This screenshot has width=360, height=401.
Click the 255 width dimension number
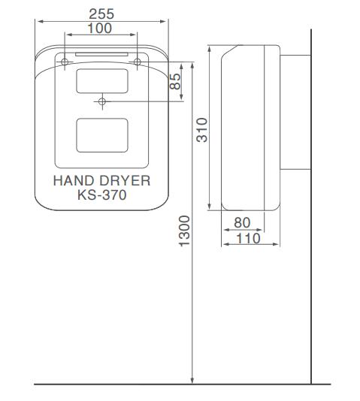(101, 14)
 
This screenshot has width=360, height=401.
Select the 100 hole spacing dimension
(100, 28)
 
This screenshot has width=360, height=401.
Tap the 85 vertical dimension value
(175, 81)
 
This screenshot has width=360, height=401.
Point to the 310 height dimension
(202, 130)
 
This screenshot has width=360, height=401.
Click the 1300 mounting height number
(184, 231)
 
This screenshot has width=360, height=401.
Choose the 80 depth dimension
(242, 223)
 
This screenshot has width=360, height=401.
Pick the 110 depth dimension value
(248, 238)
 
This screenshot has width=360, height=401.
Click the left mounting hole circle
(65, 62)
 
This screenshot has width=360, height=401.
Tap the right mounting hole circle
(138, 62)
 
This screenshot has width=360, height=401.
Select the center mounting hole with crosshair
(102, 101)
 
